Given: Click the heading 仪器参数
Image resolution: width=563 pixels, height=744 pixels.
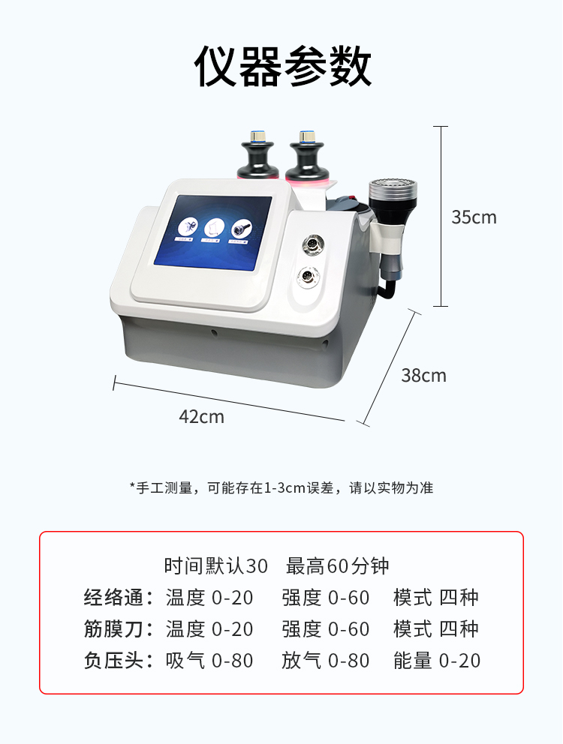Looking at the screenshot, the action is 282,67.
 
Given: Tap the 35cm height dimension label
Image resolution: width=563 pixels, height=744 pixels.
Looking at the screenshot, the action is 474,217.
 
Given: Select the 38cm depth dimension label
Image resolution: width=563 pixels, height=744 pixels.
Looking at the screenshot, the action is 424,376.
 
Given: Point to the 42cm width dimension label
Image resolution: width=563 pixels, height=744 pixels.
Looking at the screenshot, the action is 201,416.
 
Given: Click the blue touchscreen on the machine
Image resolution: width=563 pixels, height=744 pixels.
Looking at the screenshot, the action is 213,232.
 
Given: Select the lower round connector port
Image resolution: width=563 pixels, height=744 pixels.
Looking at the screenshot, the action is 306,276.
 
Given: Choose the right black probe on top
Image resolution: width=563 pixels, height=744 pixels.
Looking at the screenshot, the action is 306,156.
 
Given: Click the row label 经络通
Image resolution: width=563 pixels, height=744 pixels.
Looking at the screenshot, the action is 114,598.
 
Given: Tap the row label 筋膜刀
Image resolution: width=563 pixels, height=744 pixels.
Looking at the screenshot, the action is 114,629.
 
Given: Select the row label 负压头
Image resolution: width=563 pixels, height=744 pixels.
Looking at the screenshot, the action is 114,661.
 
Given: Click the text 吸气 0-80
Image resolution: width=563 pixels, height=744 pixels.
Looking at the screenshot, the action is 209,661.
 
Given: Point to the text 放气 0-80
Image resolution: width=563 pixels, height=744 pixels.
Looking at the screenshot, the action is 326,661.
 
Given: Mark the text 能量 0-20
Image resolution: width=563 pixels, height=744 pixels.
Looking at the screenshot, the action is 437,661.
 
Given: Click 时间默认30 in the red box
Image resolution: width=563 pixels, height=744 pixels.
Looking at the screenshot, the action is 216,566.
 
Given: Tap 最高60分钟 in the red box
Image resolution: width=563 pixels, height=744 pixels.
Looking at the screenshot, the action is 337,566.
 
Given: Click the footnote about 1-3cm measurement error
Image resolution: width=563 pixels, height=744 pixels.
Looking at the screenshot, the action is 281,487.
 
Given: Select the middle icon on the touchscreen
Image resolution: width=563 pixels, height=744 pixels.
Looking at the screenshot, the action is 213,228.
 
